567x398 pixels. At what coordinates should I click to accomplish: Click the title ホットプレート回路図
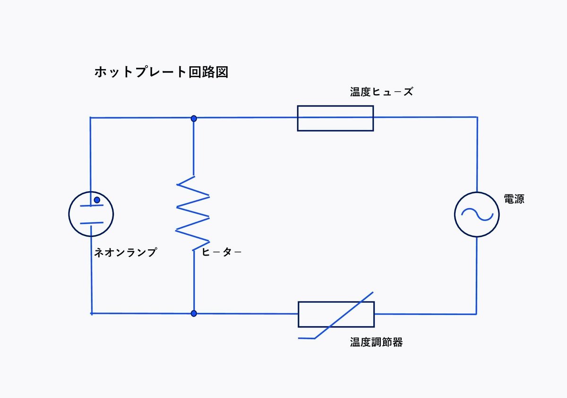tap(161, 72)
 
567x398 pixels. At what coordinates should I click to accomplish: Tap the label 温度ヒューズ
tap(381, 92)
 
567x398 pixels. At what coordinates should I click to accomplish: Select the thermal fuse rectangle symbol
tap(335, 118)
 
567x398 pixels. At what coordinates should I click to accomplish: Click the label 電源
tap(514, 199)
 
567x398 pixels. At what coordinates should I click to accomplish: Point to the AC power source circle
tap(477, 214)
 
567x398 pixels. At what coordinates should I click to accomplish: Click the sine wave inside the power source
tap(477, 214)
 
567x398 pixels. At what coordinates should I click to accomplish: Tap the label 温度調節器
tap(376, 342)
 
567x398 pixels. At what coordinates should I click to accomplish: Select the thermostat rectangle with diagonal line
tap(336, 314)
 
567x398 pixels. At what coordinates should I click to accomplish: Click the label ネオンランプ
tap(125, 252)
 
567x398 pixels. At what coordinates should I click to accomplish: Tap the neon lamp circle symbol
tap(91, 214)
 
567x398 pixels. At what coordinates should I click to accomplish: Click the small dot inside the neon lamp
tap(97, 200)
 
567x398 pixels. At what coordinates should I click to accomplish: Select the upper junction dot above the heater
tap(193, 118)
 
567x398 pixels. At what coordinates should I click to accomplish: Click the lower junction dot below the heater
tap(193, 313)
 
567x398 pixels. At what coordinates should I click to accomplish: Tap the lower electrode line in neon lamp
tap(92, 222)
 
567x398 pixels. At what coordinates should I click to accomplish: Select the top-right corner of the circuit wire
tap(477, 117)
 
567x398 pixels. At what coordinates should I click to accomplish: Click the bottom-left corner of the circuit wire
tap(92, 313)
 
